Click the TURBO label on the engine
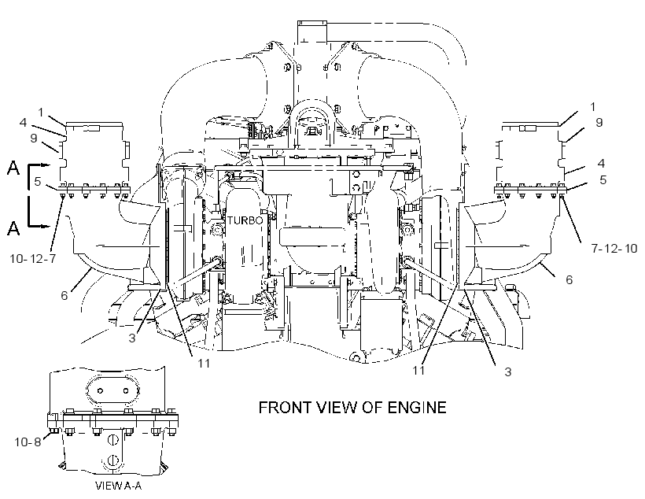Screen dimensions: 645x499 pos(245,220)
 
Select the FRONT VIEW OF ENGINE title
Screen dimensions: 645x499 pos(352,408)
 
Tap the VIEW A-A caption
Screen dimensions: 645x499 pos(119,486)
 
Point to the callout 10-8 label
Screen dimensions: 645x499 pos(28,442)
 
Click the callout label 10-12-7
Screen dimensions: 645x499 pos(33,259)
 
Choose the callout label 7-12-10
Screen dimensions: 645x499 pos(614,248)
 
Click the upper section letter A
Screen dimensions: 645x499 pos(13,168)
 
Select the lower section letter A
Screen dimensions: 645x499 pos(13,227)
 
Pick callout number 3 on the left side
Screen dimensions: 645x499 pos(131,338)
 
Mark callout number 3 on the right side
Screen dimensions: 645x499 pos(508,371)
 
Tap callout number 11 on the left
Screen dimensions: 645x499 pos(204,363)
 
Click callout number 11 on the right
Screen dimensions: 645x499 pos(418,370)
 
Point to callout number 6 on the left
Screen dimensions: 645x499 pos(64,295)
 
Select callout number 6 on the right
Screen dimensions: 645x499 pos(569,279)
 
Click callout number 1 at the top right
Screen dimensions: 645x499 pos(593,106)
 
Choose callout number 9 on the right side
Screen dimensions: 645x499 pos(599,122)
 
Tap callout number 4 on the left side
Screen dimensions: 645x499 pos(23,122)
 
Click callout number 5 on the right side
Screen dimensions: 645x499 pos(603,180)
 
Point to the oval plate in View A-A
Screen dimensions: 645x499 pos(112,390)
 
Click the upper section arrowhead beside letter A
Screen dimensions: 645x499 pos(46,165)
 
